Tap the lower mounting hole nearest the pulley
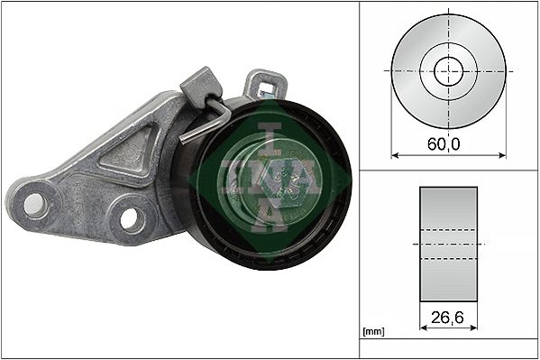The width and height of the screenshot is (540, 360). pos(132,217)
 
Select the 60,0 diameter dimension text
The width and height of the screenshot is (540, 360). pos(449,143)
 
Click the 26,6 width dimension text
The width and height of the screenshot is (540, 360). pos(449,318)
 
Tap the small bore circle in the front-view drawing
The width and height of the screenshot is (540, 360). pos(449,70)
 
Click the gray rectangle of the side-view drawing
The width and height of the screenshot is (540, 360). pos(449,244)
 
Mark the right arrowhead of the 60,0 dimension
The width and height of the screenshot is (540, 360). pos(502,155)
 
